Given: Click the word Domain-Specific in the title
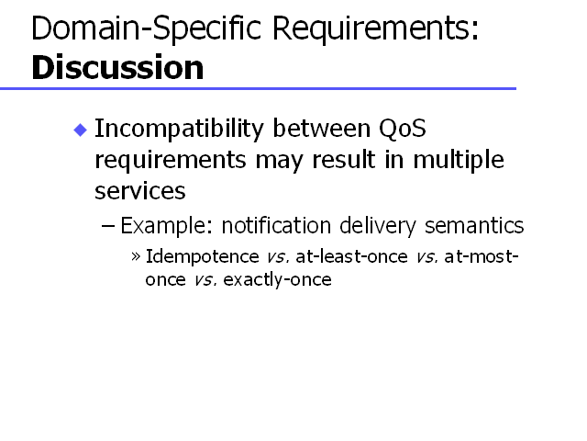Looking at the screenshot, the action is (147, 28).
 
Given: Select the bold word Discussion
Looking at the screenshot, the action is (117, 67).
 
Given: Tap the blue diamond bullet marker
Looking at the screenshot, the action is (81, 130).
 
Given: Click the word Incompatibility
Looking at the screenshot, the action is (180, 130).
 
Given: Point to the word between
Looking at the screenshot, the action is (322, 129).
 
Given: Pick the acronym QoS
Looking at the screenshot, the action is (403, 129).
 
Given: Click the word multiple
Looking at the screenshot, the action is (459, 161).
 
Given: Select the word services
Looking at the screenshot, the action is (140, 191).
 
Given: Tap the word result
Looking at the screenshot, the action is (343, 159).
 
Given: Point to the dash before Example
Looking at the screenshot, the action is (108, 226).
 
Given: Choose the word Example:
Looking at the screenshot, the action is (167, 226).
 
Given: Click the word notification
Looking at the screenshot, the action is (276, 225).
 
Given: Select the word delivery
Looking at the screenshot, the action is (378, 226).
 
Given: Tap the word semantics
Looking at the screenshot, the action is (474, 226).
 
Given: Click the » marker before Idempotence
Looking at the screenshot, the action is (136, 257).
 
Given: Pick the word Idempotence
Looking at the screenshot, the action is (202, 257).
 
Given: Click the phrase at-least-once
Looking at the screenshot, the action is (351, 257).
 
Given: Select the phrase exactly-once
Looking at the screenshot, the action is (277, 279).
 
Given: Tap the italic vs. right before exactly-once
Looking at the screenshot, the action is (205, 280).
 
